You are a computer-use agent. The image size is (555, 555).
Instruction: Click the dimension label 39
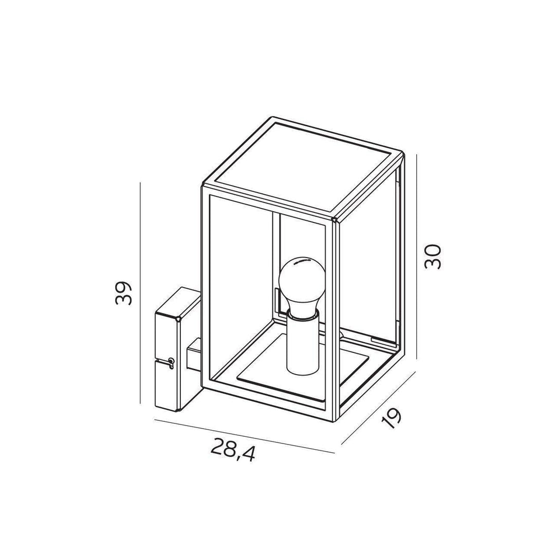point(124,293)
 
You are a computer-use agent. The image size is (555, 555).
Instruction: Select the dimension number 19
point(392,419)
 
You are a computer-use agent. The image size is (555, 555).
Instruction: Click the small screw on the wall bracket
point(171,361)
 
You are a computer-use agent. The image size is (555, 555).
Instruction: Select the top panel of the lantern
point(303,169)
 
